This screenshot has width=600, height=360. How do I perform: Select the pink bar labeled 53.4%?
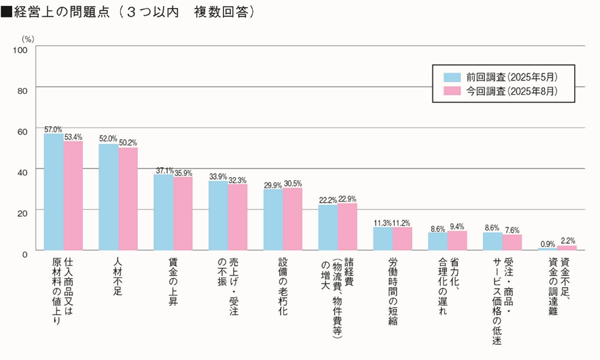[73, 196]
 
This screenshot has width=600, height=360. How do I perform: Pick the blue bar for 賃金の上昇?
[164, 213]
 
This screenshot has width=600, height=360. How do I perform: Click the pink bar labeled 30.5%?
[292, 219]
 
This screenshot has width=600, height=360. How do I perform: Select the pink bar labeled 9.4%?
[457, 240]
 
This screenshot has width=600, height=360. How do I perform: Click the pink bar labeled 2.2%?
[567, 248]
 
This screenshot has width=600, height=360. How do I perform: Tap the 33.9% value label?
[218, 176]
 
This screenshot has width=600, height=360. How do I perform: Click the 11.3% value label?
[383, 223]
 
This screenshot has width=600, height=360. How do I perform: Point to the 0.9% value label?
[547, 244]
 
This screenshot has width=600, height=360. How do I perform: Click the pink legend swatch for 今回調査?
[452, 90]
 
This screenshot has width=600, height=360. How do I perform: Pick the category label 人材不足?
[117, 276]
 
